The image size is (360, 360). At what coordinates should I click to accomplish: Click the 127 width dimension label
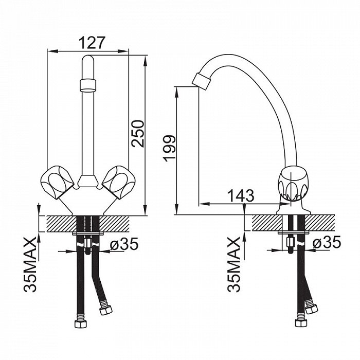pos(92,43)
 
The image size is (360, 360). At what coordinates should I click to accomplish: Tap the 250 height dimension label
pos(138,133)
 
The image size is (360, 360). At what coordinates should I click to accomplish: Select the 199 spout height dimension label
pos(169,148)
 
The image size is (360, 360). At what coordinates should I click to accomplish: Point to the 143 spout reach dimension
pos(241,195)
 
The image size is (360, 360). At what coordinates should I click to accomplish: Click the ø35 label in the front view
pos(124,244)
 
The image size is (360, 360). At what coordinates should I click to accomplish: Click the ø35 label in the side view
pos(327,242)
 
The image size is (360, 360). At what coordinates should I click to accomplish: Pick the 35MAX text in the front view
pos(30,264)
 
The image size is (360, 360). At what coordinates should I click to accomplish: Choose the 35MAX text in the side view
pos(233,264)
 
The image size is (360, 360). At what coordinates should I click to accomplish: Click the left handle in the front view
pos(58,182)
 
